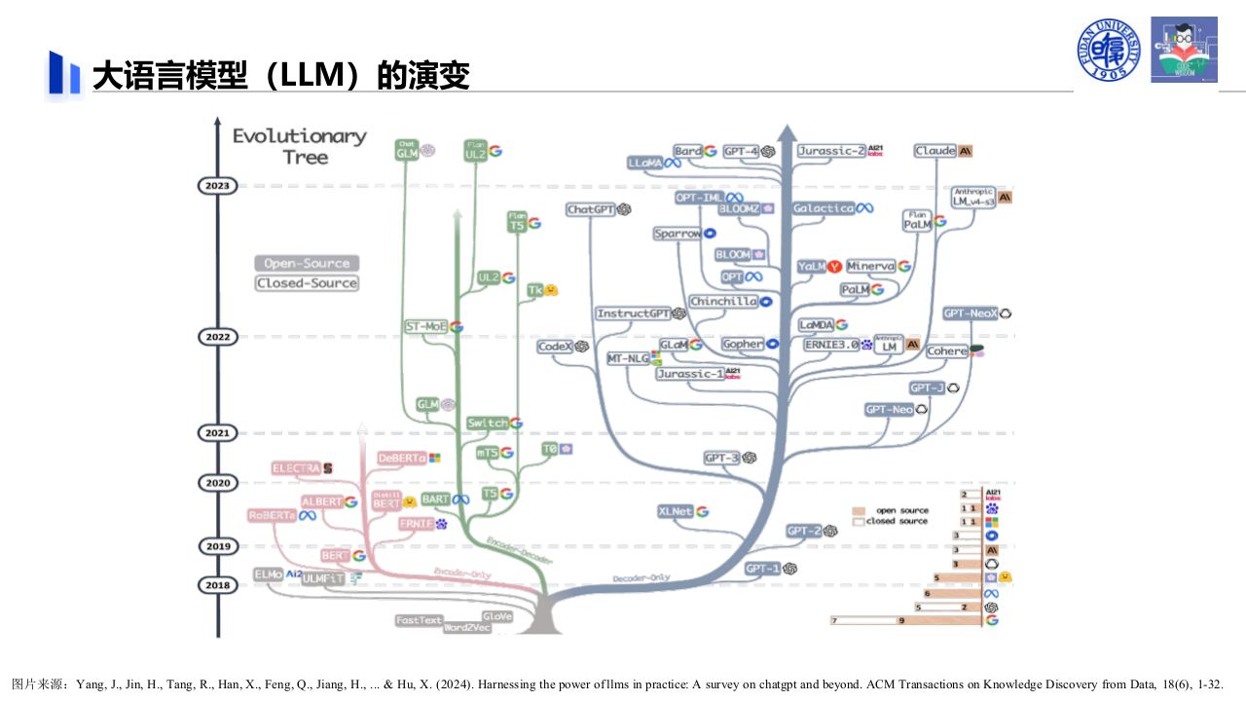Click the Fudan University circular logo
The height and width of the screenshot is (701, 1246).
click(x=1109, y=50)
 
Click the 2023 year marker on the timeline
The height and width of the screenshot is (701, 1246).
click(x=217, y=185)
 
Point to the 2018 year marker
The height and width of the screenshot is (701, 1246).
click(x=217, y=585)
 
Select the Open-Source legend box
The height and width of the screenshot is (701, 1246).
click(x=307, y=264)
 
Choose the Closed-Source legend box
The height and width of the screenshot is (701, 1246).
click(x=307, y=283)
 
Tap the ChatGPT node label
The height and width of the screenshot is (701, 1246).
click(x=591, y=209)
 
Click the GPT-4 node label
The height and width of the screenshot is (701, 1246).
click(x=742, y=151)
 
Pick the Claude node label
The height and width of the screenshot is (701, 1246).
click(x=935, y=151)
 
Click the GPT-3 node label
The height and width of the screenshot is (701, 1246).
click(x=722, y=458)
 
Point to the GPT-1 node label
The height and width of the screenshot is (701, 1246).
click(x=762, y=569)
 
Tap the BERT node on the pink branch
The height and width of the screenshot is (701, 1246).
click(x=335, y=556)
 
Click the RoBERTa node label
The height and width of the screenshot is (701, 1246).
click(x=272, y=515)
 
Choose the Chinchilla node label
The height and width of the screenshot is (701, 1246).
click(x=723, y=302)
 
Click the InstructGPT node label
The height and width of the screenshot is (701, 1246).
click(x=634, y=314)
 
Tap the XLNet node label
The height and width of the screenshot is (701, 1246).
click(x=676, y=511)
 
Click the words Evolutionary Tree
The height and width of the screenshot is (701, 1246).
click(x=300, y=146)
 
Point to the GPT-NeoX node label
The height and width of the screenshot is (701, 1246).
click(x=971, y=314)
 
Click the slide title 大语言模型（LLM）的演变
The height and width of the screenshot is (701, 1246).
click(x=281, y=76)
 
